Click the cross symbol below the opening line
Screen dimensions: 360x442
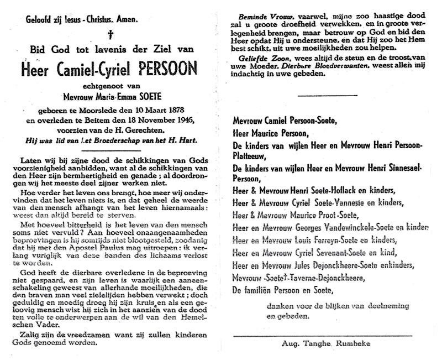[x=110, y=34]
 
